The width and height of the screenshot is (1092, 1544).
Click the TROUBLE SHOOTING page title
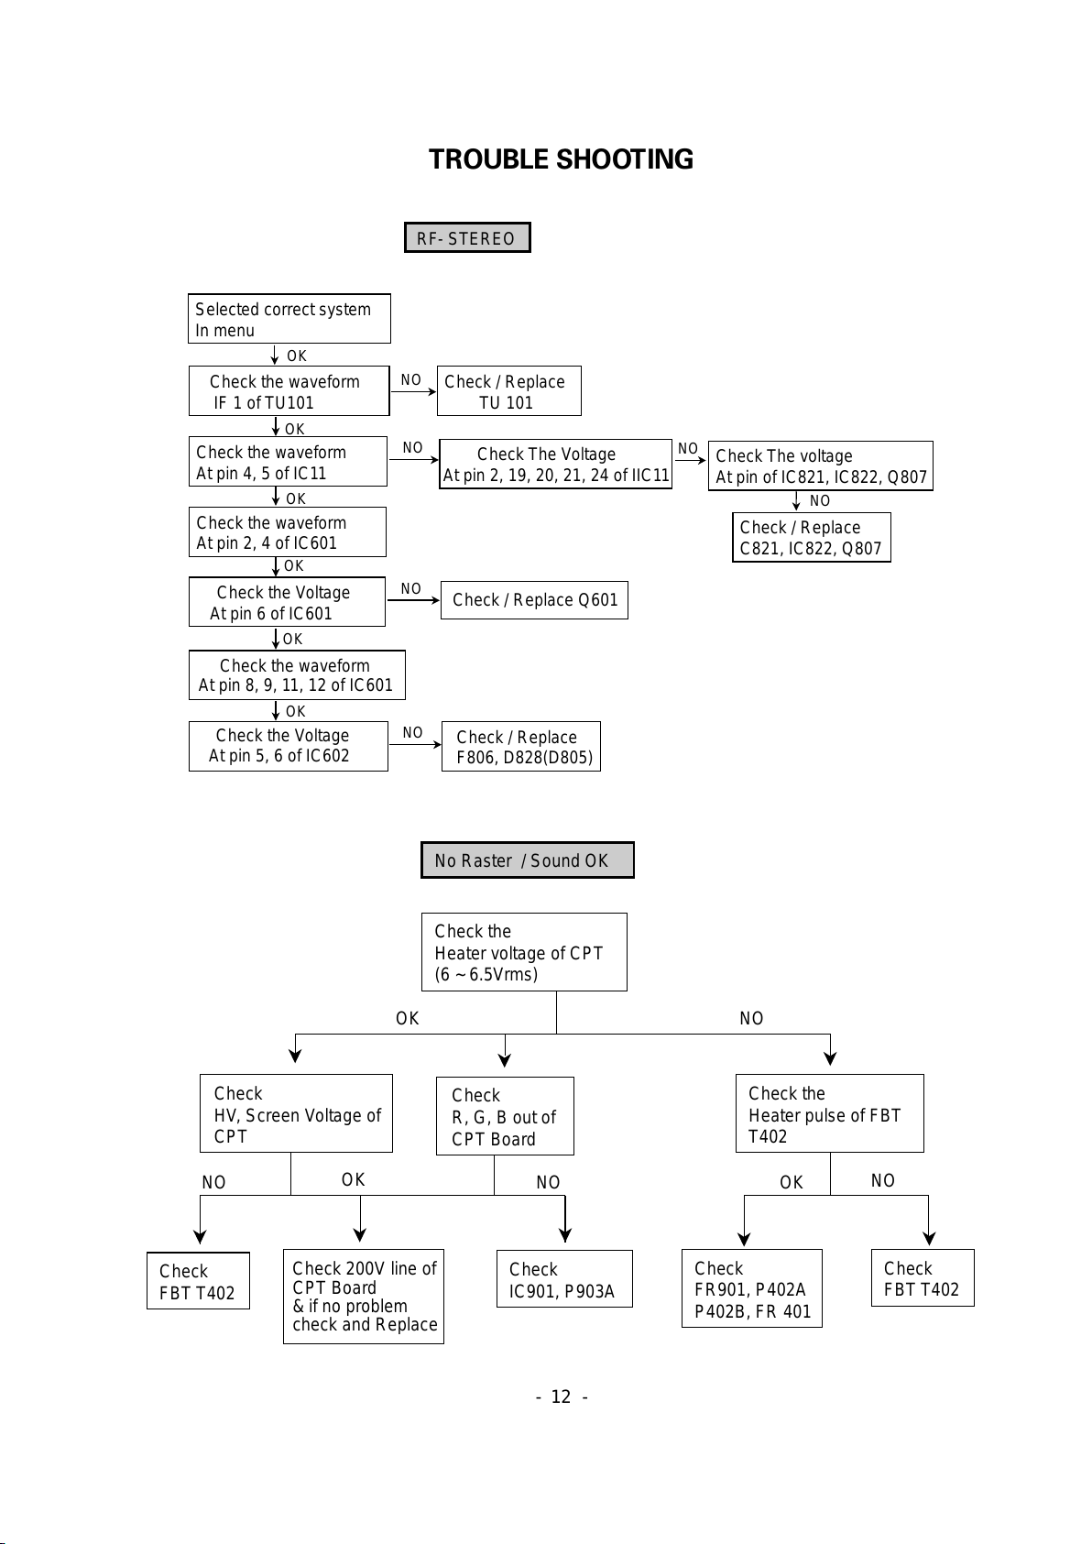pos(561,159)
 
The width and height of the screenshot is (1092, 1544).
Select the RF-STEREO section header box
pos(467,238)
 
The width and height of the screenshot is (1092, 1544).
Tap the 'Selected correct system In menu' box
pos(289,319)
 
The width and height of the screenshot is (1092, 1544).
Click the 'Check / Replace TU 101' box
pos(509,391)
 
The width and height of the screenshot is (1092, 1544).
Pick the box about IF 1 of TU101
pos(289,391)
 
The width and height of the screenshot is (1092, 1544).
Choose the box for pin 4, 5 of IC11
pos(288,461)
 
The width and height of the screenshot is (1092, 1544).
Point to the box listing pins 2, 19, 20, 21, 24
pos(555,464)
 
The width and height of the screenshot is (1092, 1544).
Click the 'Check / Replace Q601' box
pos(535,599)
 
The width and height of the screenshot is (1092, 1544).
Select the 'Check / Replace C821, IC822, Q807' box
pos(812,537)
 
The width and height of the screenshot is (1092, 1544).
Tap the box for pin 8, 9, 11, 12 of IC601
pos(297,674)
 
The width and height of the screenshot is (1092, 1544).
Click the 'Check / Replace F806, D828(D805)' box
pos(521,747)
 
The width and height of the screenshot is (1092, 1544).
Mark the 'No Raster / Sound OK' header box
pos(528,860)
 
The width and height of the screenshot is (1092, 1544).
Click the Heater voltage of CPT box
pos(524,952)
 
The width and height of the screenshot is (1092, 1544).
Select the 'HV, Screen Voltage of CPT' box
pos(296,1113)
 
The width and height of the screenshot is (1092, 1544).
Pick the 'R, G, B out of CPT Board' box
pos(505,1116)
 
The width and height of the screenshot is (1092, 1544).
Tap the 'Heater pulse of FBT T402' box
pos(830,1113)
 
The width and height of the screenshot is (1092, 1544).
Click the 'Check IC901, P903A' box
pos(565,1278)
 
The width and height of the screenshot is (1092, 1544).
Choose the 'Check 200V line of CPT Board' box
pos(364,1297)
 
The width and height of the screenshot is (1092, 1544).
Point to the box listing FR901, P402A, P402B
pos(752,1288)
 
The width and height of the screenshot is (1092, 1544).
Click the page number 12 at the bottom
pos(562,1396)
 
